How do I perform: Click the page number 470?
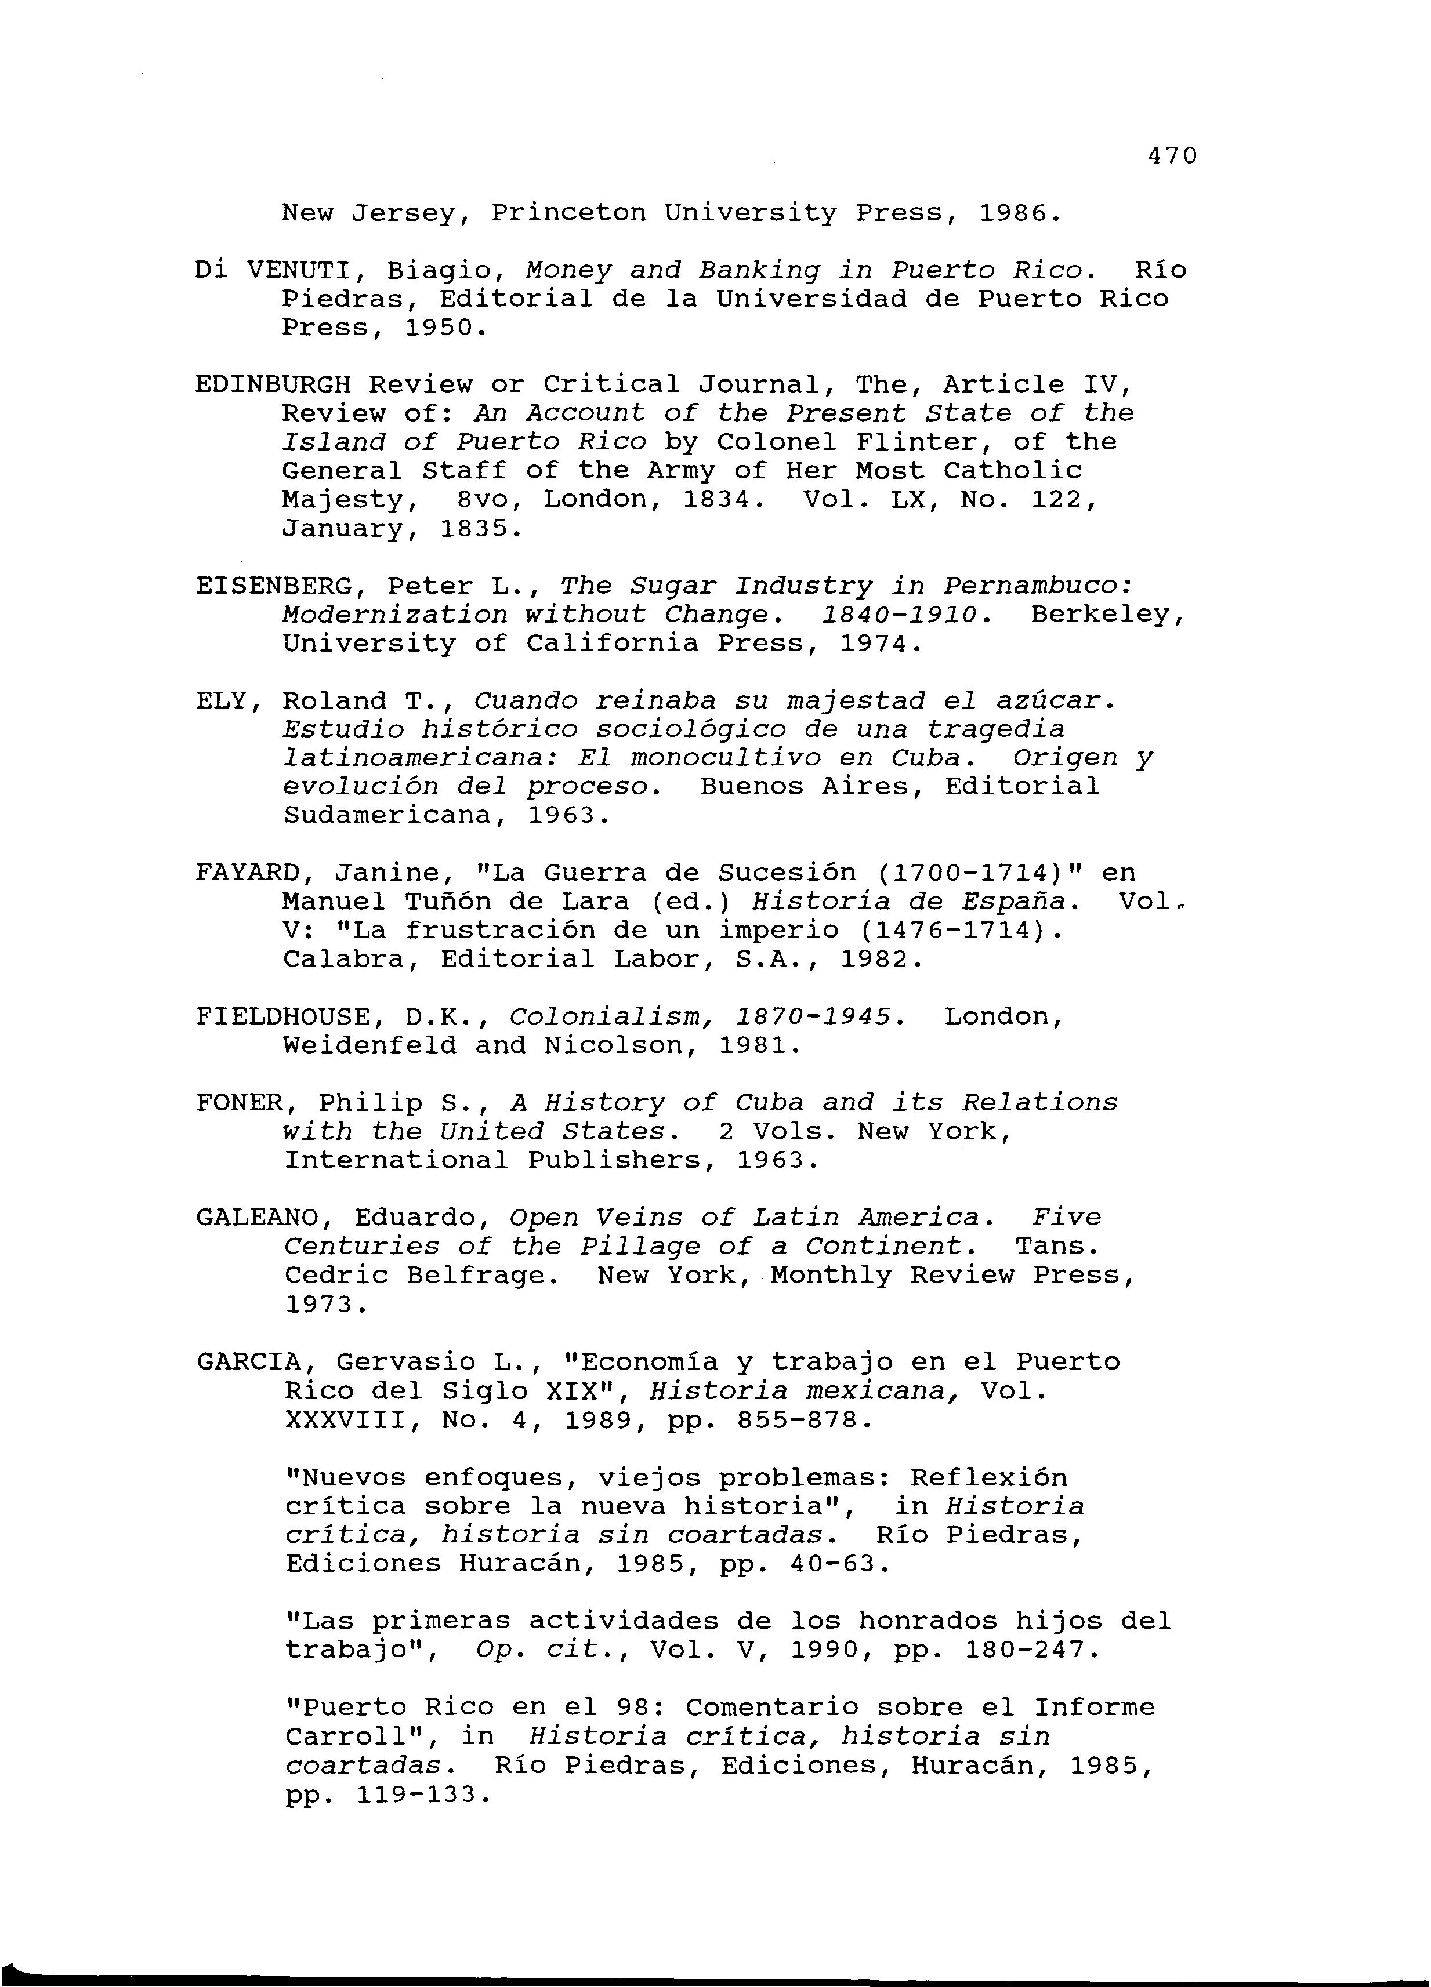[1171, 156]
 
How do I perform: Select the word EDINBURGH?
[273, 384]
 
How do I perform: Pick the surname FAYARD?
[247, 873]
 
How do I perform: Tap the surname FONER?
[239, 1102]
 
